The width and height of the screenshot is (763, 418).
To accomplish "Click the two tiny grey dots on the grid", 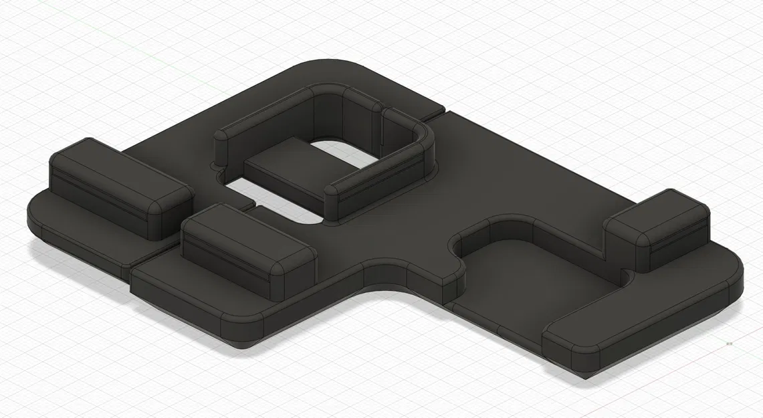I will [x=728, y=344].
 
